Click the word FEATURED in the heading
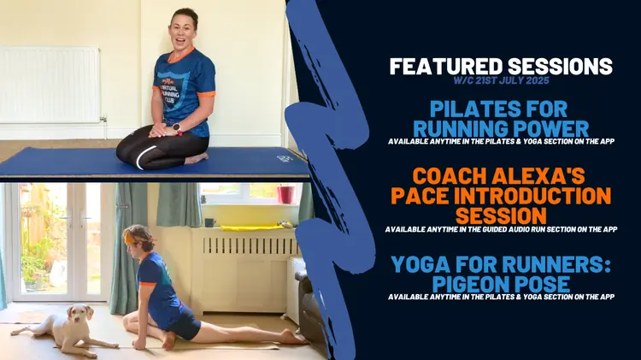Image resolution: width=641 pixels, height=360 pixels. pos(445,67)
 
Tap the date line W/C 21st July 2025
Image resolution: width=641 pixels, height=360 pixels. pos(501,80)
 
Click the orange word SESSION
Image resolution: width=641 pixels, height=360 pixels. pos(501,215)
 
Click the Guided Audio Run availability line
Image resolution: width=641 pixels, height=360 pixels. pos(501,229)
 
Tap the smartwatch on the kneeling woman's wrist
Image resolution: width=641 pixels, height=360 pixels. pos(178,128)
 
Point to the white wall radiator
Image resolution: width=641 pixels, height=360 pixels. pos(50,85)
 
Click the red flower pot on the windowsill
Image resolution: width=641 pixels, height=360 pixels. pos(285,194)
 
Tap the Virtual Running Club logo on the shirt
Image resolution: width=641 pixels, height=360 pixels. pos(171,89)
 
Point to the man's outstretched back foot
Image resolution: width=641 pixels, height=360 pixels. pos(292,337)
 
